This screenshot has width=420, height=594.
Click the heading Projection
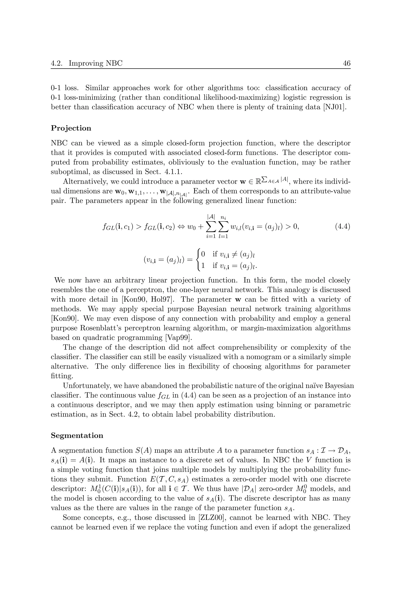pos(71,128)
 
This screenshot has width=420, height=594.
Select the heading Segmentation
pos(77,436)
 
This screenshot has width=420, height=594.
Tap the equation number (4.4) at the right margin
pos(342,227)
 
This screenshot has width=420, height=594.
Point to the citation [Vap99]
pos(179,338)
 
